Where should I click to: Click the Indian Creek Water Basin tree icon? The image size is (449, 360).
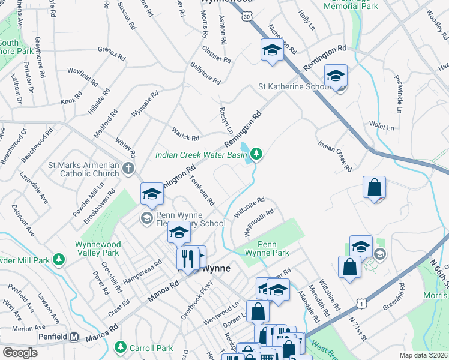[x=256, y=155]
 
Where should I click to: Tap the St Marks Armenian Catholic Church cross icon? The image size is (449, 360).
[x=128, y=169]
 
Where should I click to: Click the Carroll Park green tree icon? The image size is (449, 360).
[x=121, y=347]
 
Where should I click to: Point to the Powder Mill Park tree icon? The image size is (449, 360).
[x=59, y=259]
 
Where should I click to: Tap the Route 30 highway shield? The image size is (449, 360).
[x=247, y=17]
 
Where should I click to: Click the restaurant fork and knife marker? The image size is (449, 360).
[x=188, y=258]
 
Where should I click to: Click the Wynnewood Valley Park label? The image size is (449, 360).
[x=98, y=249]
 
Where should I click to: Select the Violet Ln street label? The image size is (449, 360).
[x=382, y=128]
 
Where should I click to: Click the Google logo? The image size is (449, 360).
[x=20, y=353]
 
